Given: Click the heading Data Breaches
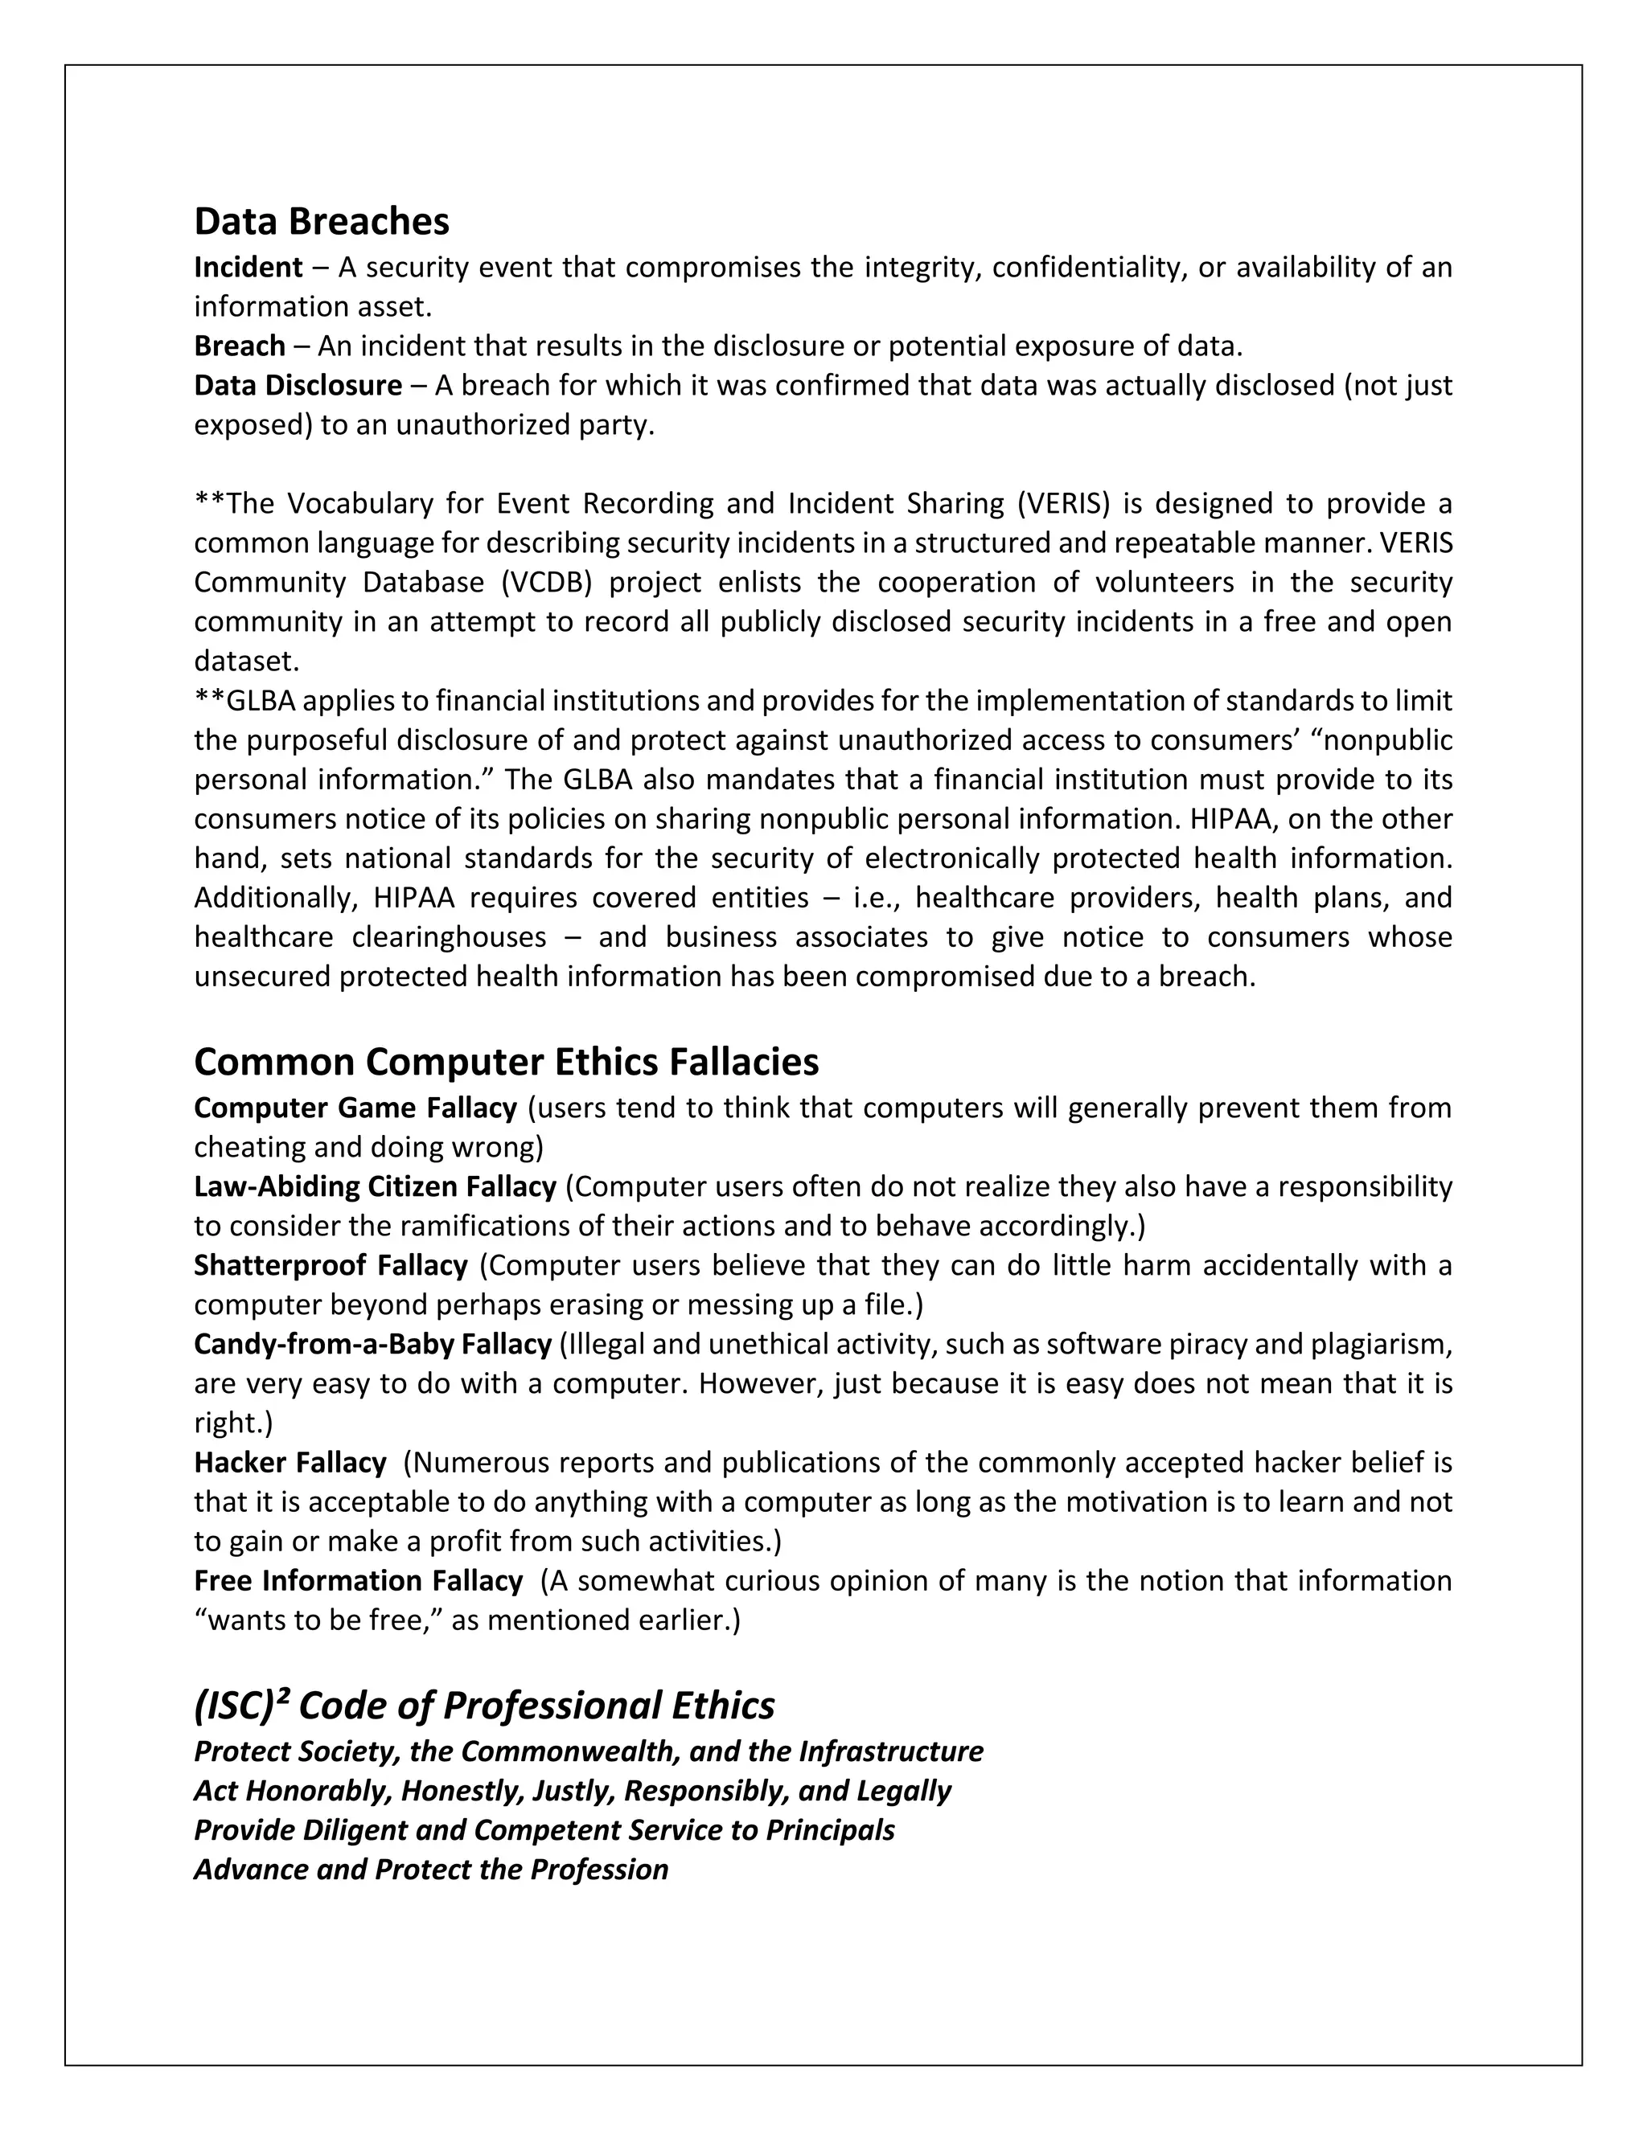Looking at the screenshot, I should point(321,221).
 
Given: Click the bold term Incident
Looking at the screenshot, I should point(248,267).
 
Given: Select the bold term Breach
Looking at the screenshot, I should point(239,346).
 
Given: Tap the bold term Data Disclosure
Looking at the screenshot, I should point(298,385).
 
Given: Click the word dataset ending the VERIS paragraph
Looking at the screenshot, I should point(246,662).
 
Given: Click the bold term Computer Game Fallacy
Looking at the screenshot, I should point(355,1108).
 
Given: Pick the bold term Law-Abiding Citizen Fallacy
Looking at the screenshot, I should point(375,1187).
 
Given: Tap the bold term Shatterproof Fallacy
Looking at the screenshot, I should point(331,1266).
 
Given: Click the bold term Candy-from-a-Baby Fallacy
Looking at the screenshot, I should point(372,1344).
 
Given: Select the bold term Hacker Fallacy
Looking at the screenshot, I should point(290,1463).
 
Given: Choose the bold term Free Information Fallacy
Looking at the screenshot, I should point(358,1581).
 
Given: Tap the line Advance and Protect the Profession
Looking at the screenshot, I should point(430,1870).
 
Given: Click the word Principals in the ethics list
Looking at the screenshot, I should point(829,1830).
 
